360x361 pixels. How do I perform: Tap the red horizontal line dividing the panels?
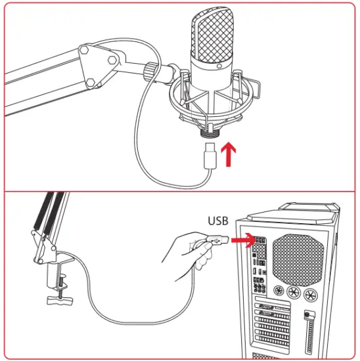179,191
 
